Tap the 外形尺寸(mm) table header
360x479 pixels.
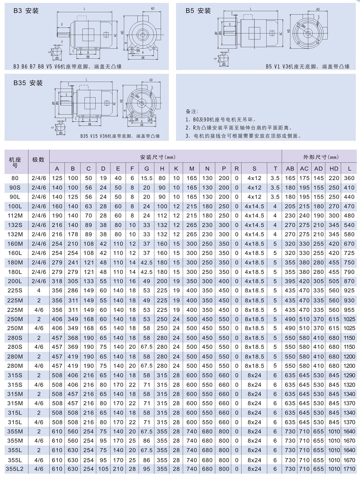pyautogui.click(x=321, y=156)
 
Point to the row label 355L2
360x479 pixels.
pyautogui.click(x=15, y=468)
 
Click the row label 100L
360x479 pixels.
pyautogui.click(x=15, y=207)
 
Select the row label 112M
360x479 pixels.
pyautogui.click(x=15, y=216)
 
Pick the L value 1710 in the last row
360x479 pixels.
pyautogui.click(x=350, y=468)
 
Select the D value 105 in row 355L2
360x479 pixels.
pyautogui.click(x=103, y=468)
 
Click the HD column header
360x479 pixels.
pyautogui.click(x=334, y=169)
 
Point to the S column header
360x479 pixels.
pyautogui.click(x=254, y=169)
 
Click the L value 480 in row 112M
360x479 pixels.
pyautogui.click(x=350, y=216)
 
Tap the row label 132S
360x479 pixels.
pyautogui.click(x=15, y=225)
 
